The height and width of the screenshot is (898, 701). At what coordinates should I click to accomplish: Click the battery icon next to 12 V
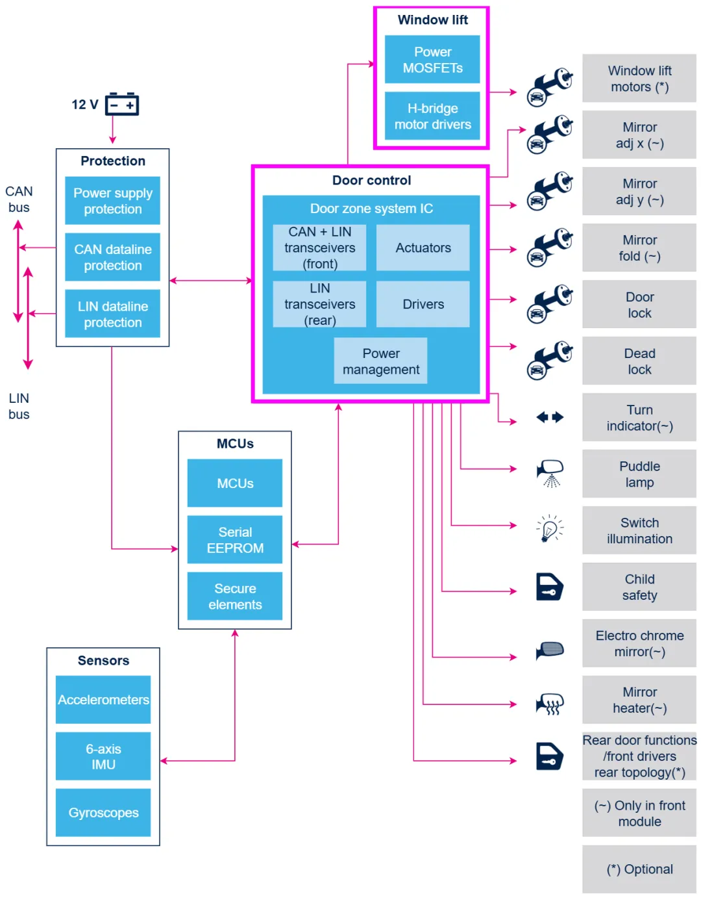click(122, 104)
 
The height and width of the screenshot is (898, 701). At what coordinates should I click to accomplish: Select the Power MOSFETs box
click(432, 60)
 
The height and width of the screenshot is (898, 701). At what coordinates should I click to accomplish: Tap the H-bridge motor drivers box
click(432, 116)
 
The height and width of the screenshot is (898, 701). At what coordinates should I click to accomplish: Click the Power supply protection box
click(112, 201)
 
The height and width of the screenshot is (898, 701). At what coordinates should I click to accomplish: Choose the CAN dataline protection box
click(112, 257)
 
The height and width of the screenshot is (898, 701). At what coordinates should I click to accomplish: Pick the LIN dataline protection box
click(112, 314)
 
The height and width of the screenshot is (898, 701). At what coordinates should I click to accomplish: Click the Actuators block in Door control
click(423, 248)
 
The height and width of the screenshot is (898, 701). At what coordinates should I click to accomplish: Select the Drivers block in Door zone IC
click(423, 304)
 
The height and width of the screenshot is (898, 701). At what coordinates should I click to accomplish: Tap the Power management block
click(380, 361)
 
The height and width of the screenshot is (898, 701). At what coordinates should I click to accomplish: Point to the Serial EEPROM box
click(235, 539)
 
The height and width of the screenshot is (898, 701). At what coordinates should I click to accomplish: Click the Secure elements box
click(235, 596)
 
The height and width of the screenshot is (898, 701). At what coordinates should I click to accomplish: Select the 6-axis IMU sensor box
click(103, 756)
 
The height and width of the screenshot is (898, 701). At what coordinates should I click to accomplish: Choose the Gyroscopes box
click(103, 813)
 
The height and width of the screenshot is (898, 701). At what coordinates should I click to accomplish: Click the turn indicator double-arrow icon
click(550, 417)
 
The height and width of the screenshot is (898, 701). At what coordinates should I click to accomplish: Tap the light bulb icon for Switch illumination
click(550, 529)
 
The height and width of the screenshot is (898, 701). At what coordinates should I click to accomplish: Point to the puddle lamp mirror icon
click(550, 473)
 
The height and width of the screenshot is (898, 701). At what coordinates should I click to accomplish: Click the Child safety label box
click(639, 587)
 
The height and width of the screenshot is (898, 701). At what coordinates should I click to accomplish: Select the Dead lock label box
click(639, 361)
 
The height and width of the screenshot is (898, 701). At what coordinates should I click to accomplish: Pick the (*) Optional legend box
click(639, 869)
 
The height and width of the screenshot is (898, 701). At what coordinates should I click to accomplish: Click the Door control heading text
click(371, 181)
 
